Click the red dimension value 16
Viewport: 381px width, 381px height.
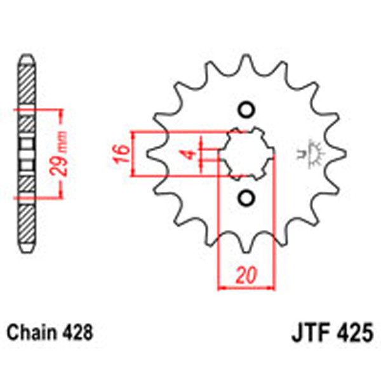[123, 153]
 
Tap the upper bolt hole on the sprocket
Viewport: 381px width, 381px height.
[246, 109]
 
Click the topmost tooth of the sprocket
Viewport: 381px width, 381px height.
[246, 63]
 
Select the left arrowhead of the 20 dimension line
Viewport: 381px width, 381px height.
[222, 288]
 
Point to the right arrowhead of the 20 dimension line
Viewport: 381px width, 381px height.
[270, 288]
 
